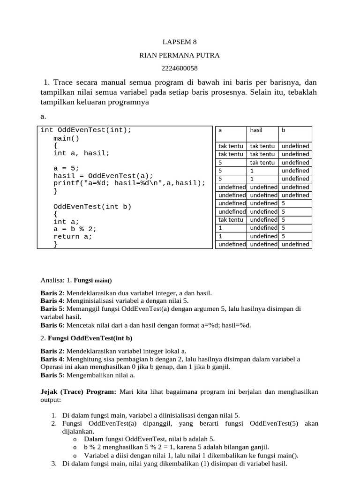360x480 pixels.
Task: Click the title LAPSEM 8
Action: (x=180, y=42)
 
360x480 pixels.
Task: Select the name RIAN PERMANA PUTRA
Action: (x=180, y=55)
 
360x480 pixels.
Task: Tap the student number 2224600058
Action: (x=180, y=68)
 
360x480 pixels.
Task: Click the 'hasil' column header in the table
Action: (x=256, y=130)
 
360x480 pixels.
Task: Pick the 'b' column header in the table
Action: (x=283, y=130)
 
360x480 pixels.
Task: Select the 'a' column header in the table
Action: (x=220, y=130)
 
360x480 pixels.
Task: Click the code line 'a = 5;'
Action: (x=67, y=168)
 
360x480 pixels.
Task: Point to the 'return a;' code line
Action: (x=73, y=237)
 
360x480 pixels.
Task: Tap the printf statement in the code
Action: (x=129, y=183)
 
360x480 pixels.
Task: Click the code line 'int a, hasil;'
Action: (x=81, y=153)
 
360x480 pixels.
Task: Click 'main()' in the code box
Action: (x=67, y=138)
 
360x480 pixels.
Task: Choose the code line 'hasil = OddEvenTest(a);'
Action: (x=103, y=176)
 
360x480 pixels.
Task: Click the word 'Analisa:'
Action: (x=52, y=280)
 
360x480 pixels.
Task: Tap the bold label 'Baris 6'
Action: (x=52, y=325)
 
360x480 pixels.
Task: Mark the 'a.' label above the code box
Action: (x=44, y=116)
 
